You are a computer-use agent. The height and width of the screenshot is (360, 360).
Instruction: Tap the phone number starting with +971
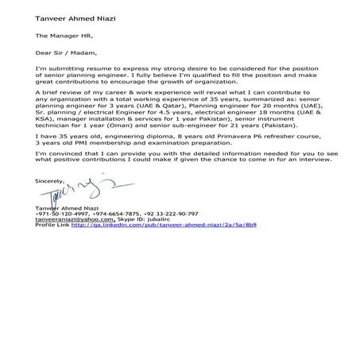coord(61,214)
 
